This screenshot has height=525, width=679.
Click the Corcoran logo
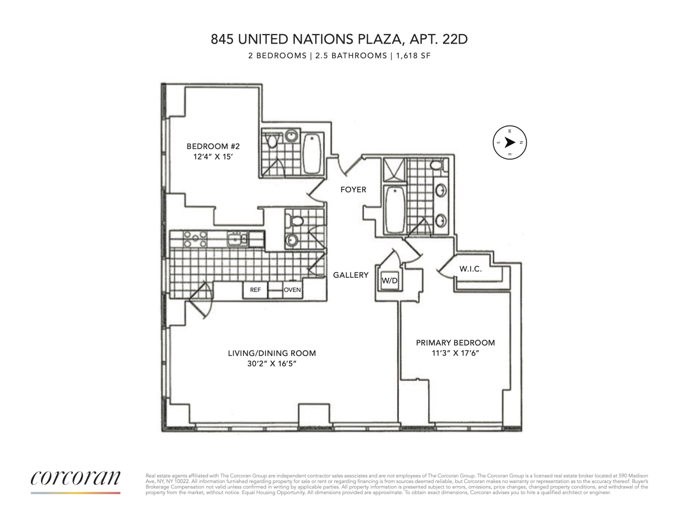tap(76, 478)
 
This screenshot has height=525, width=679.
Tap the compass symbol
tap(510, 142)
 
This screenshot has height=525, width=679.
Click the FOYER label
tap(353, 190)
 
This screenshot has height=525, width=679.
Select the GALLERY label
tap(351, 275)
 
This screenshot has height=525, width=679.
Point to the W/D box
tap(389, 281)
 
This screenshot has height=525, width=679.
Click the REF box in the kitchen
tap(255, 290)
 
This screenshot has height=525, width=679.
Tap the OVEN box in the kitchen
tap(292, 290)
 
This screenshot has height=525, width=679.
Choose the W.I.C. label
tap(470, 269)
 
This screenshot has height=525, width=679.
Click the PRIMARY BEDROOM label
tap(455, 343)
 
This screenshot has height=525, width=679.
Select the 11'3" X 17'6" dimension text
tap(455, 353)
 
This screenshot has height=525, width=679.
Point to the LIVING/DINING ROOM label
tap(272, 353)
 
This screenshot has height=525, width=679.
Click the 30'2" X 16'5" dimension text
tap(272, 363)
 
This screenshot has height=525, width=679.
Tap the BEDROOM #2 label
tap(213, 146)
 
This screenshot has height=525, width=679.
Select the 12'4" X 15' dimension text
tap(213, 156)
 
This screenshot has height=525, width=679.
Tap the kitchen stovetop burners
tap(195, 239)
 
